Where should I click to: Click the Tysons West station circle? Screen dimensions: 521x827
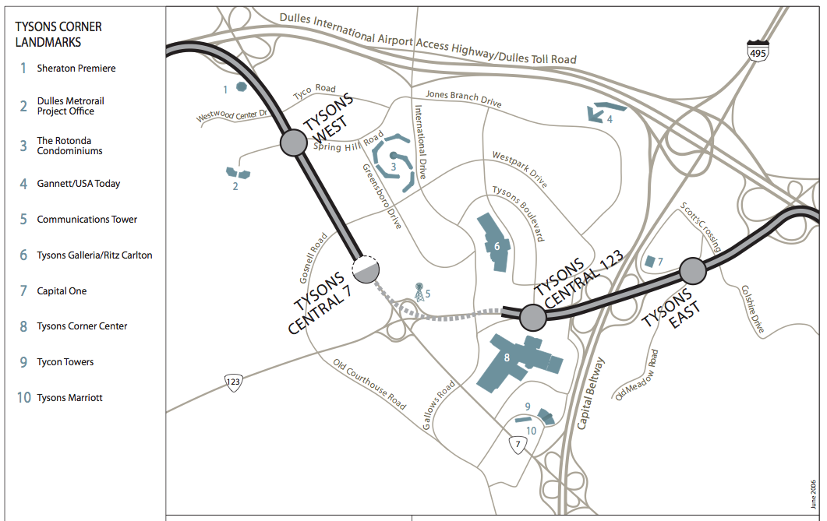point(294,143)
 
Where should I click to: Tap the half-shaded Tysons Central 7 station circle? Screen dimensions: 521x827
point(365,269)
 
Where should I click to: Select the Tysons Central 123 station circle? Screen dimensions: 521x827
point(532,317)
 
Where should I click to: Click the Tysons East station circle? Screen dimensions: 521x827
point(693,271)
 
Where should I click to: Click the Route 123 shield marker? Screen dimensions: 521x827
point(233,382)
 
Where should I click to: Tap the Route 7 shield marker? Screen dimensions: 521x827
point(518,445)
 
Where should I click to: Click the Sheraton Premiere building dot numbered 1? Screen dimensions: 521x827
point(242,86)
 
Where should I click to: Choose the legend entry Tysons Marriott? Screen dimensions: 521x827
point(69,398)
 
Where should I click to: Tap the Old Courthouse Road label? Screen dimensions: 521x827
point(369,384)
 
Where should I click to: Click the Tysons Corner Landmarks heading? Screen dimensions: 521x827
point(58,34)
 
